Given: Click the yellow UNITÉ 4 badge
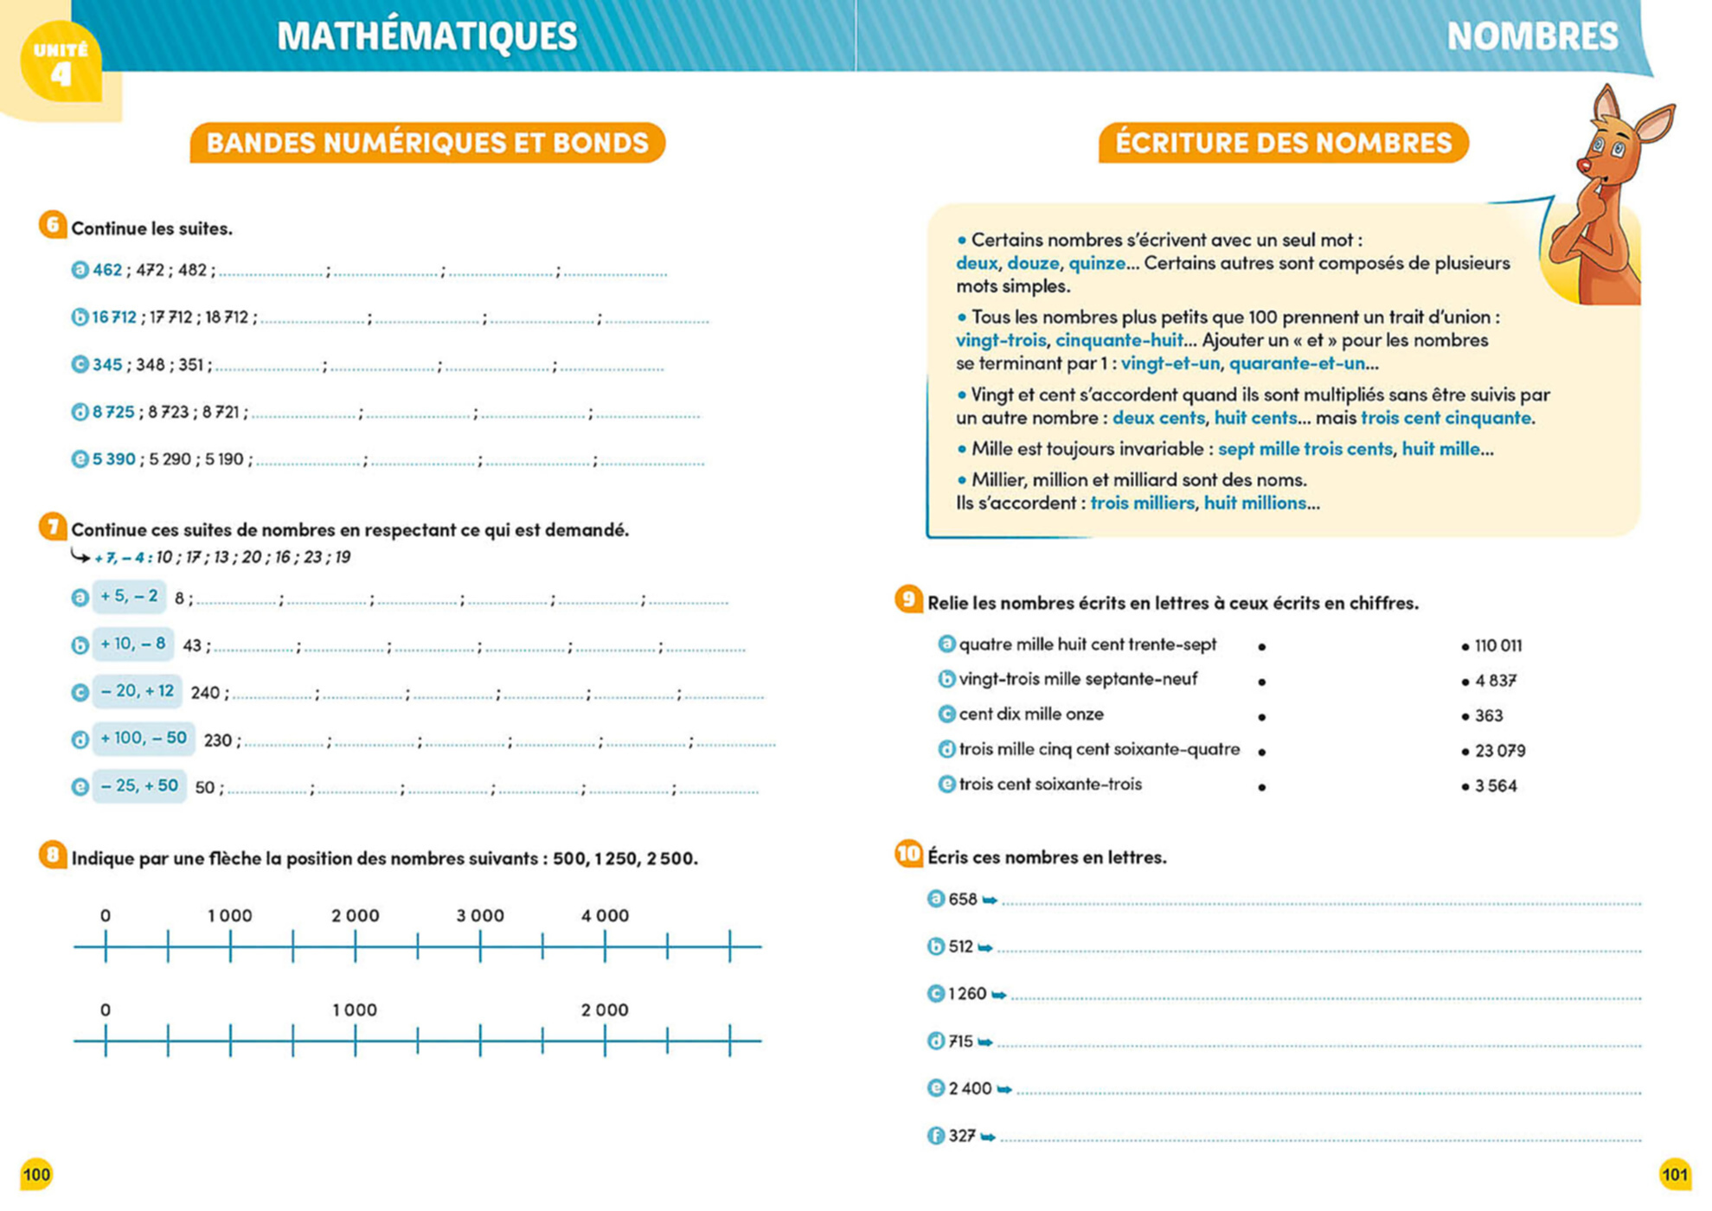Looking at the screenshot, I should tap(60, 62).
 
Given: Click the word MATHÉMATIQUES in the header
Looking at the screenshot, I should tap(426, 36).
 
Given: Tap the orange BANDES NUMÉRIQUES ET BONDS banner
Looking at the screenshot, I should tap(427, 143).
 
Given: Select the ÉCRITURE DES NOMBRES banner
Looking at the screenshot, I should tap(1283, 143).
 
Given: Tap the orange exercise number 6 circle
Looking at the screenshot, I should tap(53, 226).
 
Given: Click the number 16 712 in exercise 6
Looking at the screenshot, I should tap(114, 317).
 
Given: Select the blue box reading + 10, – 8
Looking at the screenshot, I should tap(132, 644).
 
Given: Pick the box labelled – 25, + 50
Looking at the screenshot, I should tap(138, 786).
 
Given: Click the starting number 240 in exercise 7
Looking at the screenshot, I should tap(206, 693).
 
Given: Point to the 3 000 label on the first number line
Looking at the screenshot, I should tap(480, 916).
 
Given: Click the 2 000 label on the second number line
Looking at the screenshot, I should tap(605, 1010).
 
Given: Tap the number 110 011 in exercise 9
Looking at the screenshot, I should tap(1498, 646).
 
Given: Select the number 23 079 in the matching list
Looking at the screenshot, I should tap(1500, 751).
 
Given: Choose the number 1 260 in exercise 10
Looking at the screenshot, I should tap(967, 994).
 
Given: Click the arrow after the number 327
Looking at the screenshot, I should tap(988, 1137).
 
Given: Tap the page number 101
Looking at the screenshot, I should tap(1675, 1175).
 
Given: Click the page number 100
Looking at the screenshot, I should tap(36, 1175).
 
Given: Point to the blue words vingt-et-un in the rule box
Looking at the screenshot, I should tap(1170, 363).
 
